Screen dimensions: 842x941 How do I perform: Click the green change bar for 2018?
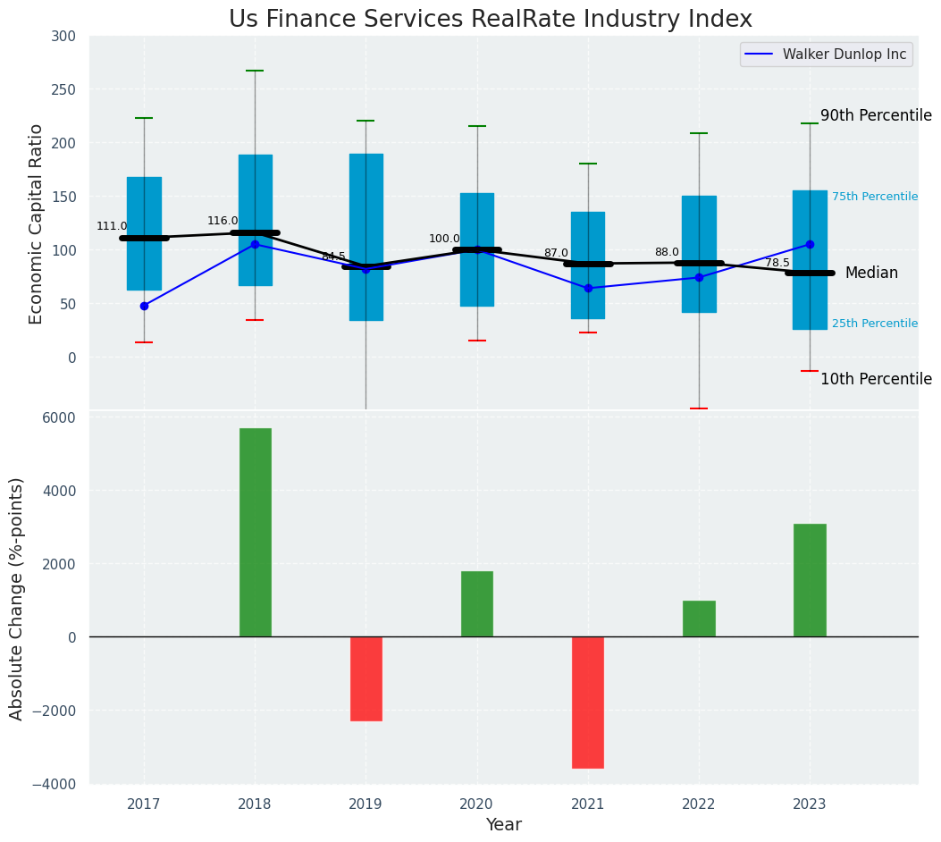click(x=255, y=532)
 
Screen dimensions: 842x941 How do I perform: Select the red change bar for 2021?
click(x=587, y=702)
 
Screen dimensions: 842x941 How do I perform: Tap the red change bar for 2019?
click(x=365, y=678)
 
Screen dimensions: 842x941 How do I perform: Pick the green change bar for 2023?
click(x=809, y=580)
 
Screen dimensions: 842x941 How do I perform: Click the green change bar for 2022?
click(x=698, y=619)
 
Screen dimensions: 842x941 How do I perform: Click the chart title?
click(x=490, y=20)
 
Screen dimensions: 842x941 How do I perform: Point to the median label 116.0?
click(x=223, y=221)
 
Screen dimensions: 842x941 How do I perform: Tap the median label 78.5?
click(x=777, y=263)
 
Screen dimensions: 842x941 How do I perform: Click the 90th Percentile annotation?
click(x=875, y=115)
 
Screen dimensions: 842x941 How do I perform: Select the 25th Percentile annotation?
click(x=874, y=324)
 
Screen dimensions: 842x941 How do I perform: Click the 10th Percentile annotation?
click(x=875, y=379)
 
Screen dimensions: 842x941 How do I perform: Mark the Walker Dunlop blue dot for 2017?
click(x=144, y=306)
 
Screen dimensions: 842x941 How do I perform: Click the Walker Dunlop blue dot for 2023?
click(x=810, y=244)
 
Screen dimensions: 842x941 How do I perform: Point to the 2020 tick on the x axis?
click(x=476, y=804)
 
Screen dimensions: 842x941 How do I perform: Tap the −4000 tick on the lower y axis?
click(x=55, y=784)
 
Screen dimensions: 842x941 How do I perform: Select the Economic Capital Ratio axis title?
click(x=37, y=223)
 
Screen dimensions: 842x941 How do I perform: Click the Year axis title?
click(x=503, y=825)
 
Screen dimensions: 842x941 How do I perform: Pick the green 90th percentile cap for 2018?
click(x=255, y=71)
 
